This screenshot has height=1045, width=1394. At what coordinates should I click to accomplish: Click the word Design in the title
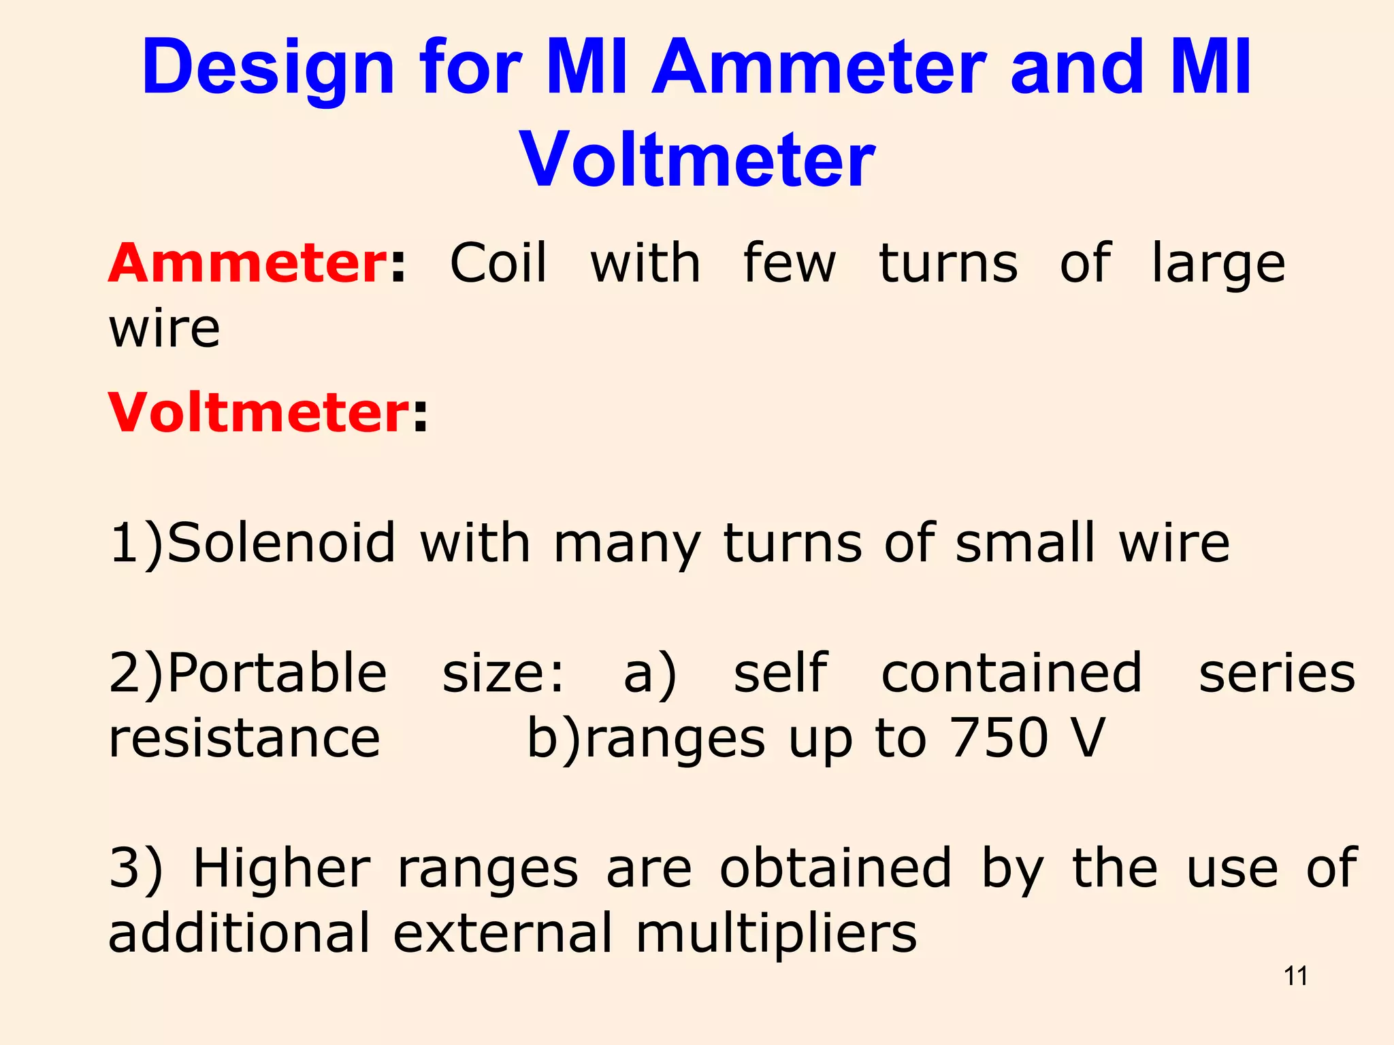[x=268, y=68]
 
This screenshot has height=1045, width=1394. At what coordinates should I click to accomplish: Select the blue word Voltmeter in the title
[x=697, y=159]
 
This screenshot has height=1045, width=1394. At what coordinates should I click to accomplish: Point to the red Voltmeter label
[x=259, y=413]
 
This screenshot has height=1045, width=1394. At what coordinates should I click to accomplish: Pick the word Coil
[x=498, y=263]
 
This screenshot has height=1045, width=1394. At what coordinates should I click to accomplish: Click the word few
[x=790, y=263]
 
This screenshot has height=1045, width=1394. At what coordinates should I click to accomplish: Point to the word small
[x=1025, y=543]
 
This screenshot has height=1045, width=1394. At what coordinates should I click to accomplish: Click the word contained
[x=1011, y=673]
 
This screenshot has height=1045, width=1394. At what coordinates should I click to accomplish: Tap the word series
[x=1277, y=673]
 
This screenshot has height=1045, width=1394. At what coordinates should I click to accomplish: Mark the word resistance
[x=244, y=739]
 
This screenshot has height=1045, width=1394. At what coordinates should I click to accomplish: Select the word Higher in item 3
[x=282, y=870]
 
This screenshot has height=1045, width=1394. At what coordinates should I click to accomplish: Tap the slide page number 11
[x=1295, y=976]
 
